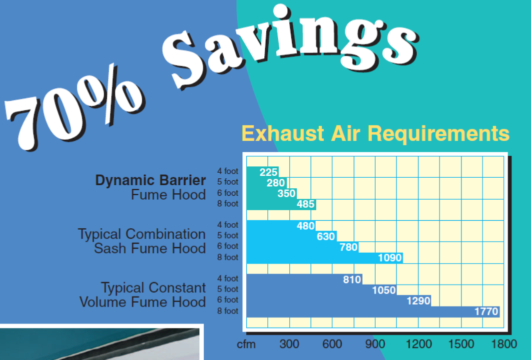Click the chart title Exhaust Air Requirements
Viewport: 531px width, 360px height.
[375, 134]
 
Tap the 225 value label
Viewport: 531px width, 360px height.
[268, 172]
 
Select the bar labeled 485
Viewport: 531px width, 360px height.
[281, 204]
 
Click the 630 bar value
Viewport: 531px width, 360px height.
[326, 236]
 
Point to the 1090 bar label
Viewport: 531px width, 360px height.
[390, 258]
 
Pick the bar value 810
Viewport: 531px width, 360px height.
[352, 280]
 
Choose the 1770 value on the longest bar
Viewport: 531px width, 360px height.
[487, 311]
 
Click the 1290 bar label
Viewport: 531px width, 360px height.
[419, 301]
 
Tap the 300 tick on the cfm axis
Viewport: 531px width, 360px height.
[289, 344]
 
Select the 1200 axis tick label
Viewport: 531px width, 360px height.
[419, 344]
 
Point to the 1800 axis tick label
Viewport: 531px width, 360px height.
[504, 344]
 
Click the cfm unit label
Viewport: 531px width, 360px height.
[246, 345]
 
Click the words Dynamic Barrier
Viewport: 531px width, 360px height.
[150, 180]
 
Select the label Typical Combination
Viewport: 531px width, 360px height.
[141, 234]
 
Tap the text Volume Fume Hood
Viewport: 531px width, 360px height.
[142, 302]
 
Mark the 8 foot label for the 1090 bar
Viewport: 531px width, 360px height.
[228, 257]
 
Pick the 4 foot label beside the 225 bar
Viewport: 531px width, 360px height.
[228, 171]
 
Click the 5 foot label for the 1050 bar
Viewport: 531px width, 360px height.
[228, 289]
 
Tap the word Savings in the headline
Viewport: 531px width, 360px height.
[291, 44]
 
